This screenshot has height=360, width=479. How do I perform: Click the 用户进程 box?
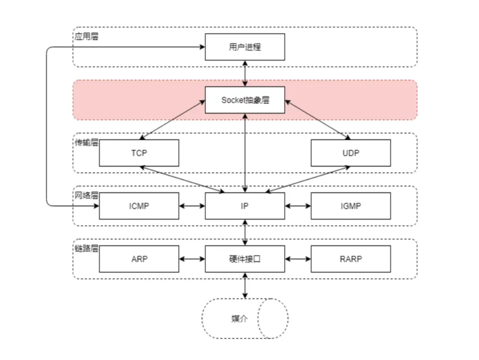click(x=245, y=47)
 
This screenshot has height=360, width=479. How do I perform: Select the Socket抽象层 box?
click(x=245, y=100)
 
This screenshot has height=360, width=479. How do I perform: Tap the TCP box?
click(x=139, y=153)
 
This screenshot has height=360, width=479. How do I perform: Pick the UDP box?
click(x=351, y=153)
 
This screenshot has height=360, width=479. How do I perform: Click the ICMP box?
click(x=139, y=206)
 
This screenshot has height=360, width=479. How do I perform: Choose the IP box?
click(x=245, y=206)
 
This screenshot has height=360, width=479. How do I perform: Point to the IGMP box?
click(x=351, y=206)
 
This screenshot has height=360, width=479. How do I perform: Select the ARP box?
click(x=139, y=258)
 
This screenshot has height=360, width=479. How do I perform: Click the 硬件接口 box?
click(x=245, y=258)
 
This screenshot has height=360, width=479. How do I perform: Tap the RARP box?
click(x=351, y=258)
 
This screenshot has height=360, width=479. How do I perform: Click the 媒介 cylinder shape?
click(x=239, y=319)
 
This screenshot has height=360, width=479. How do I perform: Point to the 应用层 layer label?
click(x=86, y=36)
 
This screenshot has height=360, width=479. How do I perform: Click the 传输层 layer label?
click(x=86, y=142)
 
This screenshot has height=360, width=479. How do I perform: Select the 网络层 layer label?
click(x=86, y=195)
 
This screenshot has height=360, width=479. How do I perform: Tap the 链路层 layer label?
click(x=86, y=248)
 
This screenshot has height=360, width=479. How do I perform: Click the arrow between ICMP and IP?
click(x=192, y=206)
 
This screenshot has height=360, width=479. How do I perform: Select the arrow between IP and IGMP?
click(x=298, y=206)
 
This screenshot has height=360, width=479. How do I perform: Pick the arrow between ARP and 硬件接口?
click(x=192, y=258)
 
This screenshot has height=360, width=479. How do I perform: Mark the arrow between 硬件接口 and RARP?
click(x=298, y=258)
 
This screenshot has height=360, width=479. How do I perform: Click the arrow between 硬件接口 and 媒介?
click(x=245, y=285)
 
